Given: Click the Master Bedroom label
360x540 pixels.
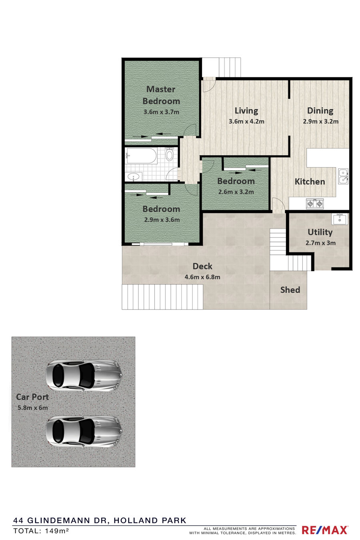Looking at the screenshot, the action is (161, 95).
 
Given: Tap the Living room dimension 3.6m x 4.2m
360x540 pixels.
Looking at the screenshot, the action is (246, 121).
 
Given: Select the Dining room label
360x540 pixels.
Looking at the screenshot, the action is (320, 111).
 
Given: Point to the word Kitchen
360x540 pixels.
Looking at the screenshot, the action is (310, 182).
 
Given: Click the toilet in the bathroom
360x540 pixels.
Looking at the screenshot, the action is (169, 154).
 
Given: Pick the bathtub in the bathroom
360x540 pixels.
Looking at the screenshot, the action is (142, 156).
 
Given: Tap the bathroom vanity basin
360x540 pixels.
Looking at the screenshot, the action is (134, 177).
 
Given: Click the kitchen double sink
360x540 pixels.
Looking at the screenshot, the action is (343, 176).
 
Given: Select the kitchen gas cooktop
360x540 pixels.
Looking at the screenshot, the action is (315, 204).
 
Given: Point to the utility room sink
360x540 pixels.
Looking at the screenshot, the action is (340, 219).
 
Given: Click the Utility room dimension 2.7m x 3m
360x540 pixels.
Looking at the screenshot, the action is (320, 243).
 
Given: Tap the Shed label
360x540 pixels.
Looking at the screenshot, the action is (290, 290).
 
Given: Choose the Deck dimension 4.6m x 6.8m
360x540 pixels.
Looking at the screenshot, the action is (202, 277).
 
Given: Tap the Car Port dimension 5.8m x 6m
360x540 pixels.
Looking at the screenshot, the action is (32, 408).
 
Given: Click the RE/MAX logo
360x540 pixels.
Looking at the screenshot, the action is (325, 530).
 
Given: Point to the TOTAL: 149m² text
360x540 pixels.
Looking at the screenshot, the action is (41, 530).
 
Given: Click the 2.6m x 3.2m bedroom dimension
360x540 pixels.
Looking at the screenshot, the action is (236, 192).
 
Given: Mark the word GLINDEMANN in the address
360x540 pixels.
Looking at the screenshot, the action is (67, 520).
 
